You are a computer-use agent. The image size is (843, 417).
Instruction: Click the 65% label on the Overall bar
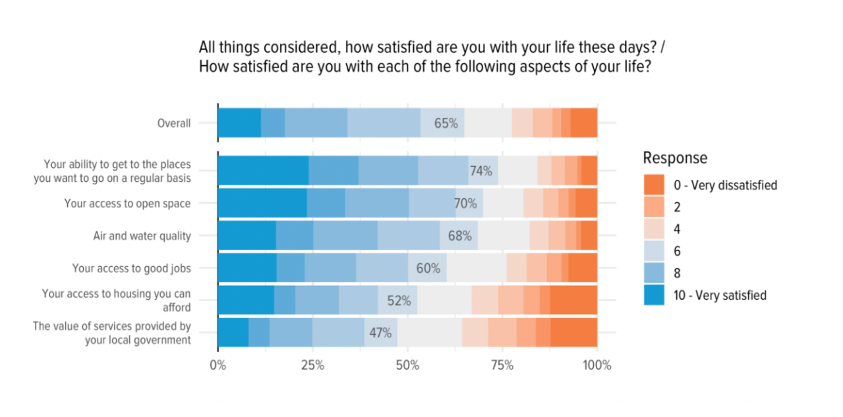pos(446,123)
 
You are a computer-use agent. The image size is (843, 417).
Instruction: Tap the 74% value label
pos(480,171)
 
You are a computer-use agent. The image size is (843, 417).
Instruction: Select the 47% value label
pos(380,333)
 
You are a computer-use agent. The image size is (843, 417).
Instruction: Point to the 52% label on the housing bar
pos(399,300)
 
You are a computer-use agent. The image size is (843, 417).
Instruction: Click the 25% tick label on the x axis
pos(312,366)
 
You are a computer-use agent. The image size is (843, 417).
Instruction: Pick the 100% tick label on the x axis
pos(596,366)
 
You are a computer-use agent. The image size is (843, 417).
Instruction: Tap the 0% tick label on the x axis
pos(218,366)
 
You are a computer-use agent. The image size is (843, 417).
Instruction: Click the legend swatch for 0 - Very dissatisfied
pos(654,184)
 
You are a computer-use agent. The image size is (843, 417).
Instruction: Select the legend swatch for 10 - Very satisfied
pos(654,295)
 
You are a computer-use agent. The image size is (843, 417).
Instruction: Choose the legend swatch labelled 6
pos(654,251)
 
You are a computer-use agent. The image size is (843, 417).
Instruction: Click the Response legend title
pos(675,158)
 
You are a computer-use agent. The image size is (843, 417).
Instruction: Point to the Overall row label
pos(174,123)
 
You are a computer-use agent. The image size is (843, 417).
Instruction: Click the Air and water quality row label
pos(142,236)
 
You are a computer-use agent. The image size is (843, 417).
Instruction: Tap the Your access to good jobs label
pos(132,268)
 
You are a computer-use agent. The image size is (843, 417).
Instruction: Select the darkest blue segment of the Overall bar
pos(239,123)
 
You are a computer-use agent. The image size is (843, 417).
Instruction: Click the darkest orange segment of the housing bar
pos(573,300)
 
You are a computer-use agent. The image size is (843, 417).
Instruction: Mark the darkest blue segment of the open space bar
pos(262,204)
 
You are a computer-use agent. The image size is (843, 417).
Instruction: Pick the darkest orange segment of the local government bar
pos(573,333)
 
